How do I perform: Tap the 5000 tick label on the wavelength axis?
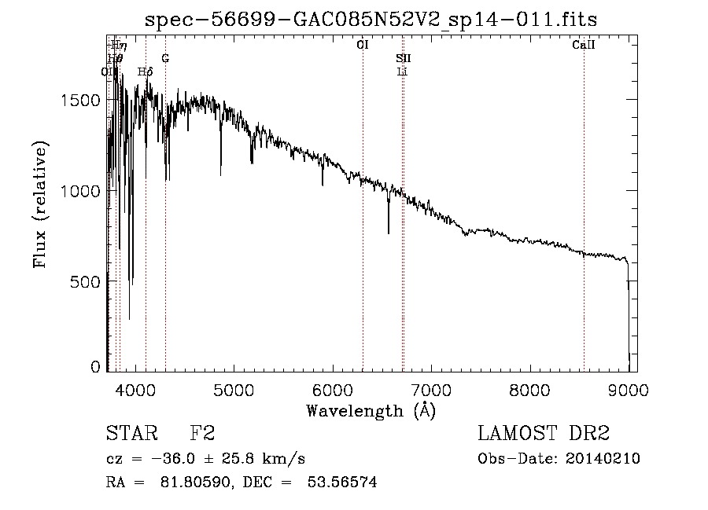(x=233, y=388)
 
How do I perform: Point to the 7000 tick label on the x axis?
(x=430, y=388)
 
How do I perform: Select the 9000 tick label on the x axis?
(x=627, y=388)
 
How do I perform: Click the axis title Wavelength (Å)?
(x=371, y=409)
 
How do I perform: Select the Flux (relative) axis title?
(x=40, y=205)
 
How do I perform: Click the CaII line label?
(x=583, y=46)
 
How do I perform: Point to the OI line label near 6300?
(x=363, y=46)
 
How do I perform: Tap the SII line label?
(x=403, y=58)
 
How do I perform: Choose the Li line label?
(x=402, y=72)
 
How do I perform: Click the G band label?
(x=165, y=58)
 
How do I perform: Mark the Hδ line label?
(x=145, y=72)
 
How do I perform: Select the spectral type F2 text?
(x=202, y=435)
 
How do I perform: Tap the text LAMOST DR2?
(x=544, y=435)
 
